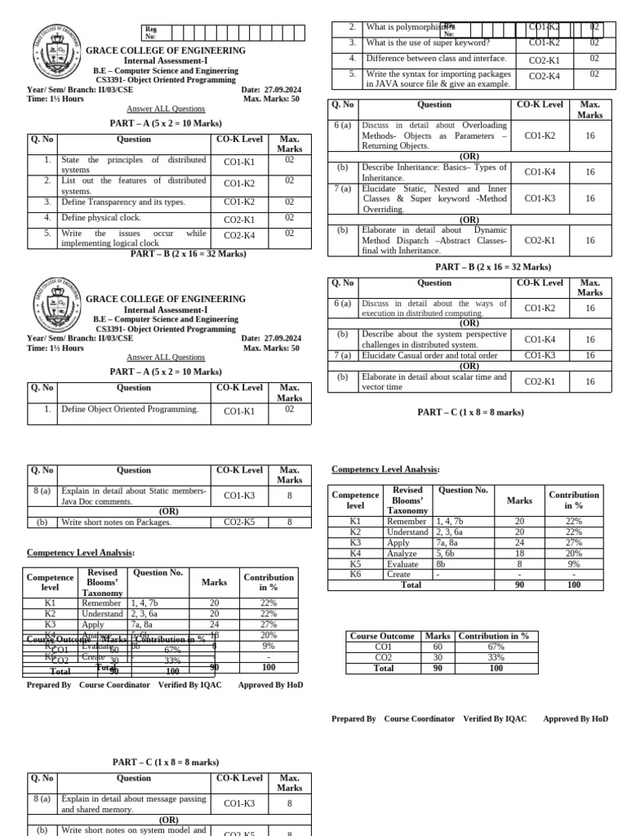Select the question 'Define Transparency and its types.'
(123, 202)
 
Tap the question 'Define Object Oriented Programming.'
(130, 409)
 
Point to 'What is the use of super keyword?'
(428, 42)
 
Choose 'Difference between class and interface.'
(436, 59)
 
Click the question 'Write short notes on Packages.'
(116, 522)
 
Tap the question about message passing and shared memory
(133, 804)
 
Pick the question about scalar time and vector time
(434, 382)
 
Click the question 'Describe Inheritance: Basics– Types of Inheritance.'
(434, 172)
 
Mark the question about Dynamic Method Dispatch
(434, 241)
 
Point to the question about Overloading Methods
(434, 136)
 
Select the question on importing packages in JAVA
(438, 78)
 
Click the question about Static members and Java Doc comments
(133, 496)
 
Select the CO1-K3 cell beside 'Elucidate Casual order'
(540, 355)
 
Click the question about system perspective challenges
(434, 340)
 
